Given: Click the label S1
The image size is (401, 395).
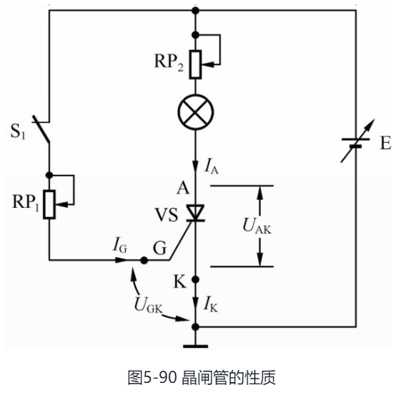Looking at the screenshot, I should [18, 131].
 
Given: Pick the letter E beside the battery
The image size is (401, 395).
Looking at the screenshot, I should [385, 144].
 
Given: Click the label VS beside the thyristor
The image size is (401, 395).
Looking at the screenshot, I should [167, 212].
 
